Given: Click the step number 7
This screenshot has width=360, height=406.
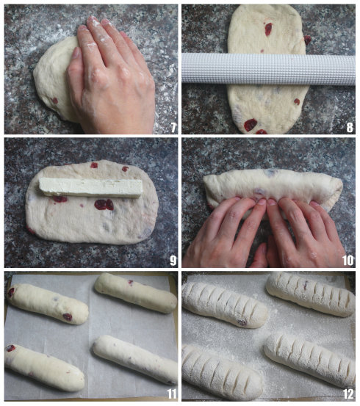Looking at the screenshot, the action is [173, 128].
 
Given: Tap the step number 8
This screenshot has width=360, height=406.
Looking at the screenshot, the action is [350, 128].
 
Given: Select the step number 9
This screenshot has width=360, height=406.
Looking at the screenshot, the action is [173, 261].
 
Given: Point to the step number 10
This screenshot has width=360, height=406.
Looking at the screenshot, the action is [348, 261].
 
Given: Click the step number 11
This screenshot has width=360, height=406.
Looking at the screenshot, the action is [172, 394].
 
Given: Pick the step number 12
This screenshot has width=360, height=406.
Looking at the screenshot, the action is [348, 394].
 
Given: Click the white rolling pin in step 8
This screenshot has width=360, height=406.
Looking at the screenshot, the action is [268, 70].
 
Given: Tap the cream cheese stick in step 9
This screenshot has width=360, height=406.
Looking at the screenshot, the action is [90, 187].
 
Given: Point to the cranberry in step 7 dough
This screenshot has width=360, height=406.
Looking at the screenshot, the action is [54, 101].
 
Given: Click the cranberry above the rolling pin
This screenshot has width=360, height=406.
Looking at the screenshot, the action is [268, 29].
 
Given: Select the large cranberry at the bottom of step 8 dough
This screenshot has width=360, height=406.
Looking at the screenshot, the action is [251, 125].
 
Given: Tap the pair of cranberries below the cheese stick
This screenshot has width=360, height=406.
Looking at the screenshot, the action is [104, 205].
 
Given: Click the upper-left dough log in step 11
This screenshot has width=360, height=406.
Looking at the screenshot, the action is [48, 304].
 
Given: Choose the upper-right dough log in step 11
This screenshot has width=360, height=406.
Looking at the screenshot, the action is [135, 293].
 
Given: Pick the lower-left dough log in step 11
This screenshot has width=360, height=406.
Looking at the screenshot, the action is [44, 368].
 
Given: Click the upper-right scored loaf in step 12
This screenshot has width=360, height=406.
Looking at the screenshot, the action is [311, 294].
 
